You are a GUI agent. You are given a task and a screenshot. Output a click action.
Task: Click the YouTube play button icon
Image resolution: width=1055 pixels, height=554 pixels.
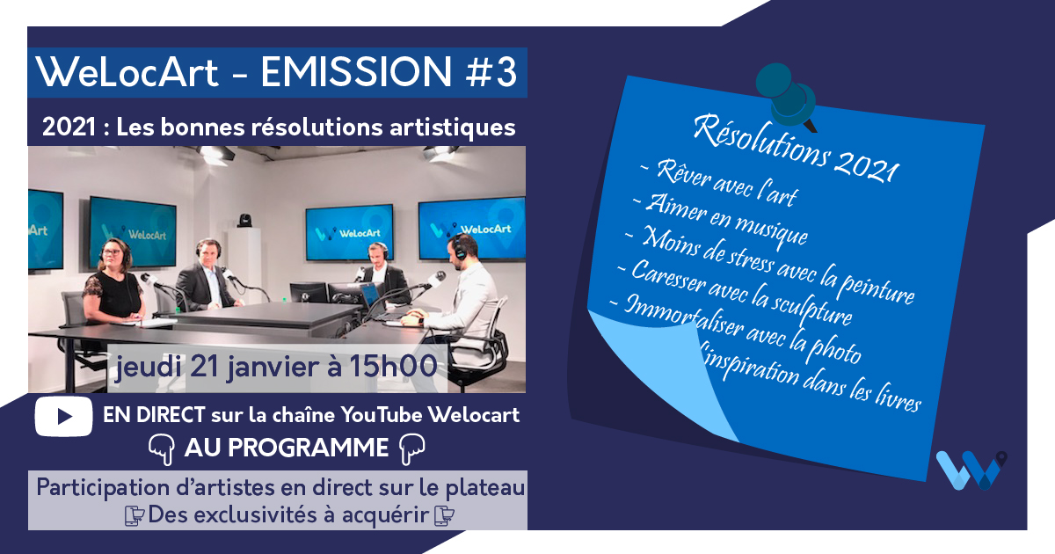(x=63, y=417)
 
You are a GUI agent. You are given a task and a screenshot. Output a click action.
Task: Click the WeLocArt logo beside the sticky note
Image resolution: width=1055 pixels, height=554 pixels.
(x=971, y=470)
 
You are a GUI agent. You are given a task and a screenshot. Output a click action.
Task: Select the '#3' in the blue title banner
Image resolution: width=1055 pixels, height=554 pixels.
(x=491, y=72)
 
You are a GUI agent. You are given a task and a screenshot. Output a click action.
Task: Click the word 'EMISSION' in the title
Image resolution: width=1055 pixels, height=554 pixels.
(x=356, y=71)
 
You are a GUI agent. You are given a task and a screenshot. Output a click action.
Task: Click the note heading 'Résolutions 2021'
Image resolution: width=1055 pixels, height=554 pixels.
(x=796, y=149)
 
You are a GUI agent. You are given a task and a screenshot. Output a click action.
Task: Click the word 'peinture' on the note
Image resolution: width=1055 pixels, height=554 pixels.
(x=877, y=287)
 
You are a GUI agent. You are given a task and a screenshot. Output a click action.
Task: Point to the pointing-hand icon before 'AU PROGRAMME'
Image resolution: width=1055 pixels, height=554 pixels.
(x=162, y=449)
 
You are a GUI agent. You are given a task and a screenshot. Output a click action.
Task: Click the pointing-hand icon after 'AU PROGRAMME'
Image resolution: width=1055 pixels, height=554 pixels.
(x=412, y=449)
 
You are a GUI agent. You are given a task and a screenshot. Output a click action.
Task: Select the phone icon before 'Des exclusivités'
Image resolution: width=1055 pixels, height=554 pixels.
(x=135, y=515)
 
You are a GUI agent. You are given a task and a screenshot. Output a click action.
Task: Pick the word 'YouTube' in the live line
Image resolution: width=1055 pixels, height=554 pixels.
(x=382, y=415)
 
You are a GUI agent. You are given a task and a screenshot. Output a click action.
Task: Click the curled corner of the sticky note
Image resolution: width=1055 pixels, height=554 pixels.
(x=664, y=372)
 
